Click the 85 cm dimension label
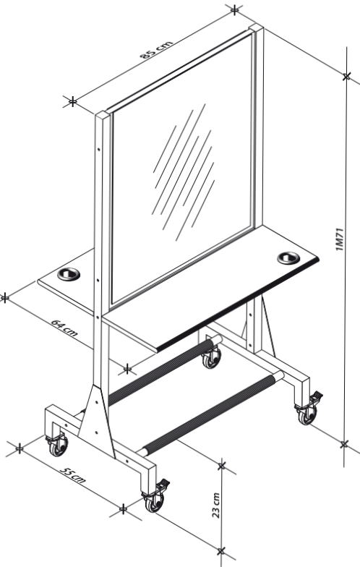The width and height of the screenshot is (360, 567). [x=156, y=49]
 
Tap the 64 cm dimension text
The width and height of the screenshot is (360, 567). [x=64, y=328]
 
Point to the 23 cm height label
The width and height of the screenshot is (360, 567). [x=215, y=506]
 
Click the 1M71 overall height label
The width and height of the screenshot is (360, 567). [x=340, y=239]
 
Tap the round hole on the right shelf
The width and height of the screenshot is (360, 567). [x=288, y=257]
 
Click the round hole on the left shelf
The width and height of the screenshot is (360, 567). [x=69, y=274]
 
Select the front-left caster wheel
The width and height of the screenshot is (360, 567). [x=58, y=445]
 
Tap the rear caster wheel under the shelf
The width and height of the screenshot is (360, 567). [x=211, y=357]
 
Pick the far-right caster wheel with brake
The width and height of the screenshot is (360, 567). [x=309, y=409]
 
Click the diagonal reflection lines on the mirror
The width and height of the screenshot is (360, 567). [x=184, y=172]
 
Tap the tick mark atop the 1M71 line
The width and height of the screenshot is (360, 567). [x=347, y=77]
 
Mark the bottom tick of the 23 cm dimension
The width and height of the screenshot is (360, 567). [x=221, y=551]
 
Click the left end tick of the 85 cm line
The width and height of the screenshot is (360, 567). [x=72, y=101]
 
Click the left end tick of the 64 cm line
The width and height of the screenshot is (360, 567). [x=4, y=298]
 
